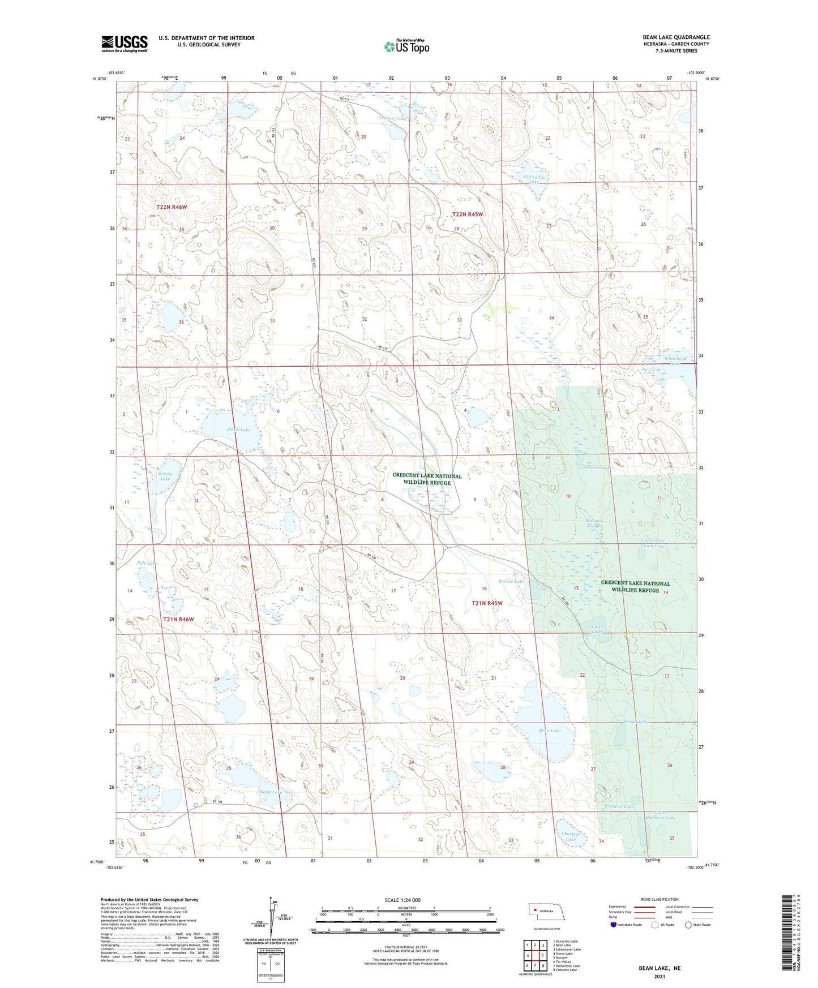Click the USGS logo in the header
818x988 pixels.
[x=125, y=43]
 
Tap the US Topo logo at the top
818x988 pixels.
[x=406, y=46]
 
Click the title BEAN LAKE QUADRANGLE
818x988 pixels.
[x=669, y=37]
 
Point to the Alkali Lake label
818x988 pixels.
[x=238, y=430]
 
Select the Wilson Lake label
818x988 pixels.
[x=165, y=476]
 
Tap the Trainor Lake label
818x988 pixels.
[x=392, y=118]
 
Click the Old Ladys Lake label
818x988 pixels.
[x=534, y=179]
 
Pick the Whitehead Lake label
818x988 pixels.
[x=675, y=361]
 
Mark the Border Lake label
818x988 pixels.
[x=511, y=581]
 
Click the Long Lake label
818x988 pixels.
[x=270, y=792]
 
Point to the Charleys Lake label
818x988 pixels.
[x=571, y=836]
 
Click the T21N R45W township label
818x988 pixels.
[x=487, y=603]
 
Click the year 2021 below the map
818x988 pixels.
[x=659, y=976]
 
